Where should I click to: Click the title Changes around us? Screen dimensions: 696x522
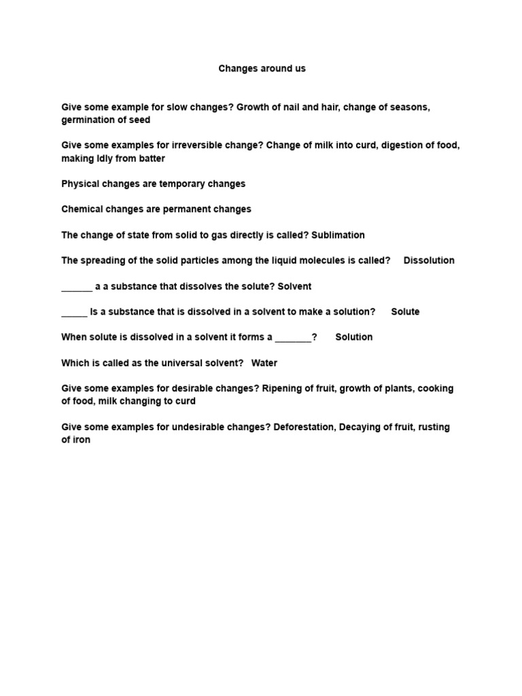tap(262, 69)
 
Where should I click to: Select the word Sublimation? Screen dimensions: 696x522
tap(338, 235)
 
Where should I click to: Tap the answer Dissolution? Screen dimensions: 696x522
tap(429, 260)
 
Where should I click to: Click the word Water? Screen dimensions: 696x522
tap(264, 363)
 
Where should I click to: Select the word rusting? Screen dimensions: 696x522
tap(432, 428)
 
